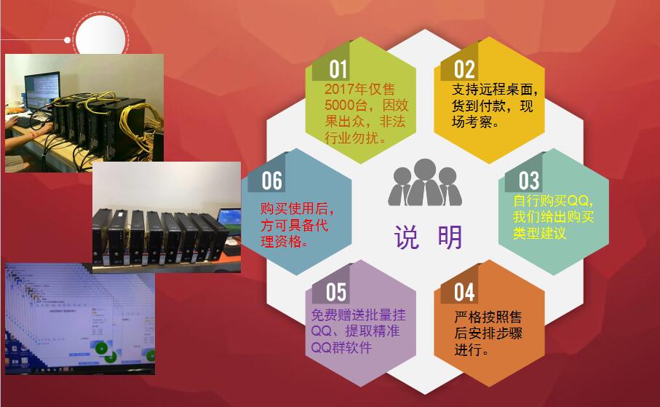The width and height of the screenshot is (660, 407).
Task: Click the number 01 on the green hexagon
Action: [338, 69]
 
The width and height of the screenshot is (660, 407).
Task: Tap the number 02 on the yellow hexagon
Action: [464, 69]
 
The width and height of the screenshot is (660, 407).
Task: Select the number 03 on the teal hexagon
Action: [528, 181]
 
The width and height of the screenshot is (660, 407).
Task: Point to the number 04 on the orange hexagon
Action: [464, 292]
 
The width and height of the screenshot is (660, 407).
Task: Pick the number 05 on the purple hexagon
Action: [336, 292]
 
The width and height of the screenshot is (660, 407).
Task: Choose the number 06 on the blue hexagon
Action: [272, 181]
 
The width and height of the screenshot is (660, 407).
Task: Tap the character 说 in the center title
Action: [407, 238]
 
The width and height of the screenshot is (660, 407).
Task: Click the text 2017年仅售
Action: [359, 90]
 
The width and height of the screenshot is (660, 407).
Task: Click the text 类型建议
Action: [539, 234]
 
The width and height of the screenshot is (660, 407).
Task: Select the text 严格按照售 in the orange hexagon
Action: [488, 317]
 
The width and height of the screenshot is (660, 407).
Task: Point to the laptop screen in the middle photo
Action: [229, 218]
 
